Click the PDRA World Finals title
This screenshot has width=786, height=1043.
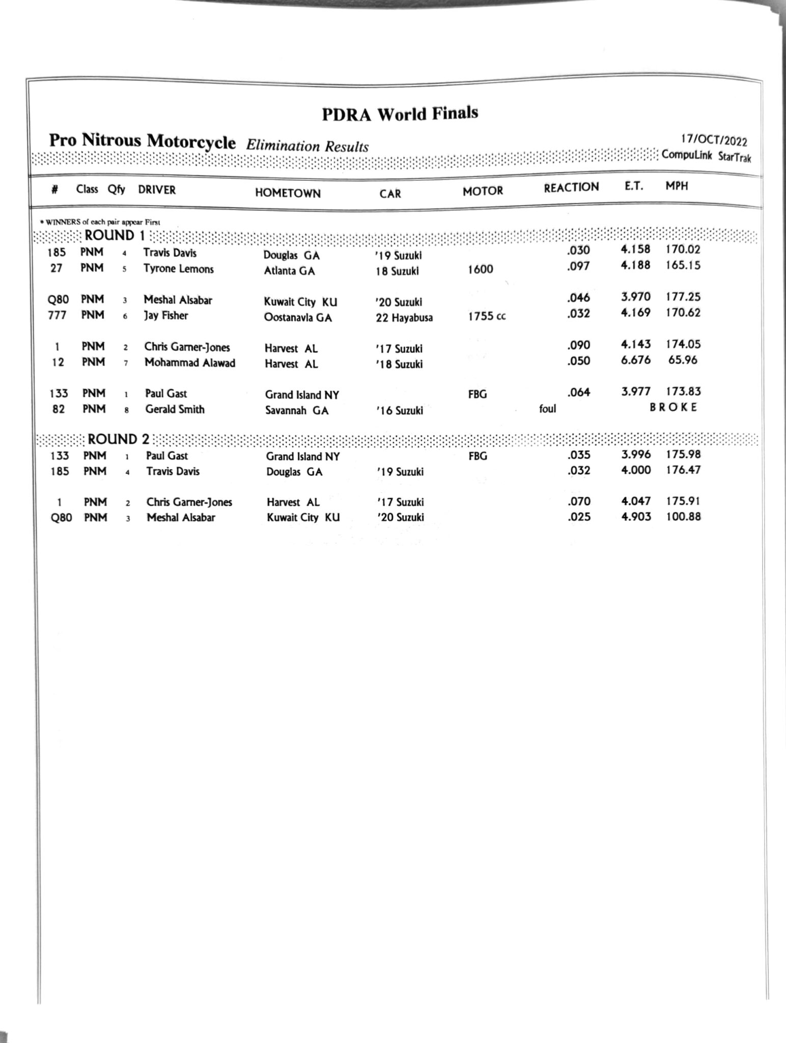(x=400, y=113)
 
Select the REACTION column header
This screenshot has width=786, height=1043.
(x=571, y=187)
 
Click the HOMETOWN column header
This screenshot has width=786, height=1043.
(x=288, y=193)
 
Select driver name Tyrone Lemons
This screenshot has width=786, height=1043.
(x=178, y=269)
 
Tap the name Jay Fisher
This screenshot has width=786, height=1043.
(x=165, y=316)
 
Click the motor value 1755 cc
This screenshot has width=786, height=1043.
(x=487, y=316)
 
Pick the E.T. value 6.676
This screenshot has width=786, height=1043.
(x=635, y=360)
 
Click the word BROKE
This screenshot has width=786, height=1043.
(x=673, y=407)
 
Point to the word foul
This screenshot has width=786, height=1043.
(x=547, y=408)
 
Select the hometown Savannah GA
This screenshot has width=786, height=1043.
(x=297, y=410)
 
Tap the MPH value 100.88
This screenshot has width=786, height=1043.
(x=683, y=516)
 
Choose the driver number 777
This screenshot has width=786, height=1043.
(x=57, y=315)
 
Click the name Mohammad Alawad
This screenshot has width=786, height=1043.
(x=189, y=363)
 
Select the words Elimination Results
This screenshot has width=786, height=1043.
(x=307, y=147)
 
